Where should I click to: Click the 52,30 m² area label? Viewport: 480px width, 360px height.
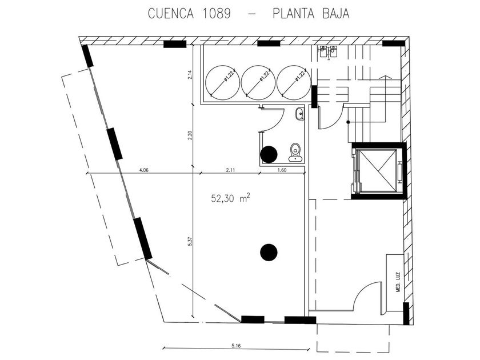230,198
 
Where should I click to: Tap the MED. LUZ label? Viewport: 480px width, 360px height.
398,282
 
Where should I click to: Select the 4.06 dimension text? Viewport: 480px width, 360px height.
143,170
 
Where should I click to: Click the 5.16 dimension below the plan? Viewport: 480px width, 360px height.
236,346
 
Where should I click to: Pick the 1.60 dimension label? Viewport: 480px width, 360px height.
282,170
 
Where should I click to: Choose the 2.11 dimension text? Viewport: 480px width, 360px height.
230,170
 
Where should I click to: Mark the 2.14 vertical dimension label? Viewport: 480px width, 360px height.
190,75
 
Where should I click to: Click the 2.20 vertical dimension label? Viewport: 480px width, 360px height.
190,135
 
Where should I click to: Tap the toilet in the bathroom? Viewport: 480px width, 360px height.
295,152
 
